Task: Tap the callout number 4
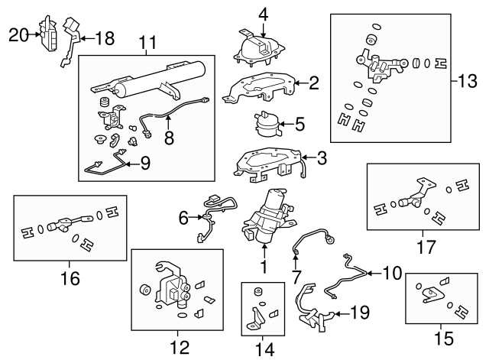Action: (x=263, y=13)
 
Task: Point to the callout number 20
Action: (x=18, y=34)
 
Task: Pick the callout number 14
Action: (x=264, y=349)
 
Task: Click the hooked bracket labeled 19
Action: (x=309, y=306)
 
